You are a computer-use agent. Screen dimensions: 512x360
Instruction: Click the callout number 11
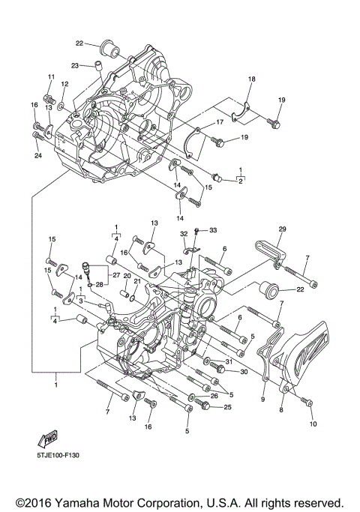[x=52, y=77]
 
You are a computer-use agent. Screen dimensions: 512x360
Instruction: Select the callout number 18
[x=252, y=79]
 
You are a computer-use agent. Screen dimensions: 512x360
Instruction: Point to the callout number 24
[x=38, y=155]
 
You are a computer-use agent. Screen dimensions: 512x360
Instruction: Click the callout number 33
[x=212, y=229]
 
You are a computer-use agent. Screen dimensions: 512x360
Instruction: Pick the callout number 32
[x=182, y=234]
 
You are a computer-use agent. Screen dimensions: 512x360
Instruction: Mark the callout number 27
[x=117, y=276]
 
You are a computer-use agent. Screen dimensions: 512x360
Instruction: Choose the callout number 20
[x=127, y=277]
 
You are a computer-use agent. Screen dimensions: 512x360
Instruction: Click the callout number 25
[x=228, y=407]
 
